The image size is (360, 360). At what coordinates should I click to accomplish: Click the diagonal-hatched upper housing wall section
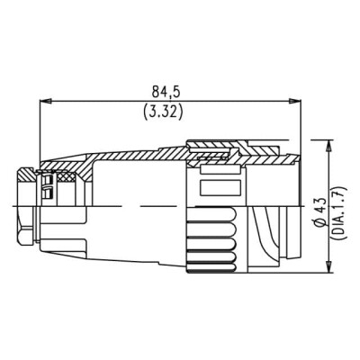point(135,162)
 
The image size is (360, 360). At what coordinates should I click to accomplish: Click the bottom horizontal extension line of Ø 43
point(310,274)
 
